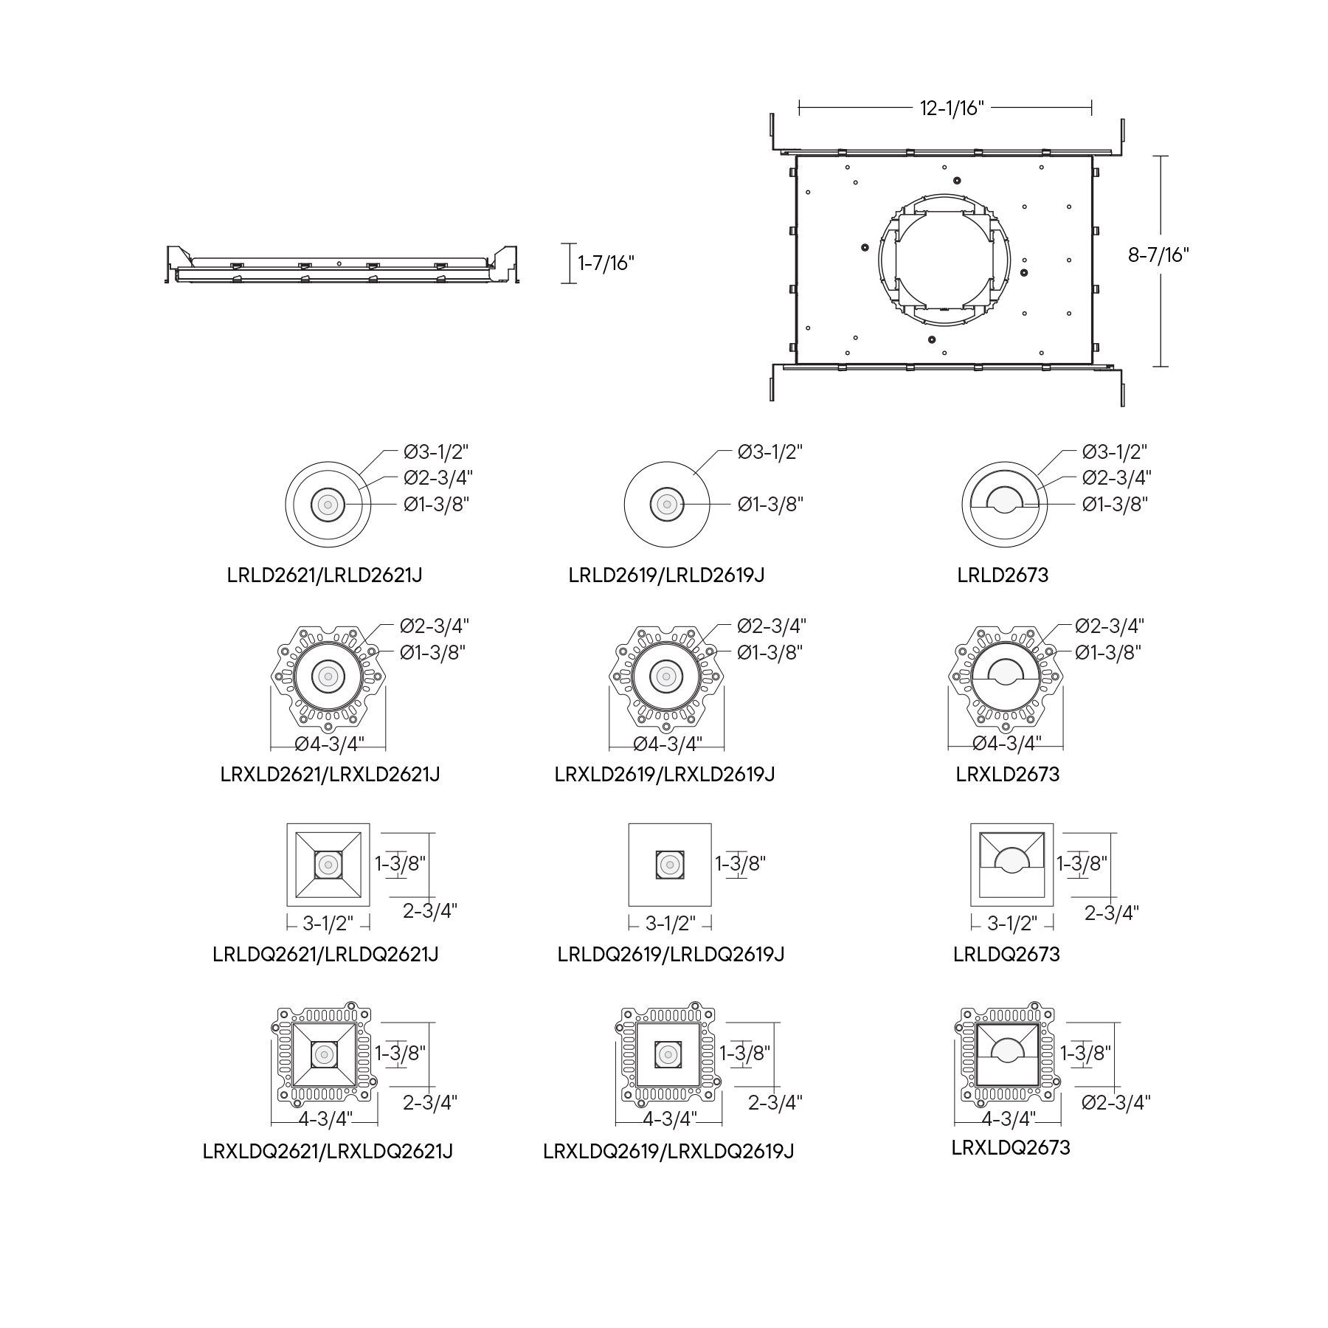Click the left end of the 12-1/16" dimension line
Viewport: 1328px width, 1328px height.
799,108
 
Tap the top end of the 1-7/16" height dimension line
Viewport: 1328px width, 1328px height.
569,243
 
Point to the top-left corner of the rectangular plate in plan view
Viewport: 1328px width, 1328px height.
796,156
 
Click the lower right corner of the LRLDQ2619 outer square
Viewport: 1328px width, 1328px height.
711,906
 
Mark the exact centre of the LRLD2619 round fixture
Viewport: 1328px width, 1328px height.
667,505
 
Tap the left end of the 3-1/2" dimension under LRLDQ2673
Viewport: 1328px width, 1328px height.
971,922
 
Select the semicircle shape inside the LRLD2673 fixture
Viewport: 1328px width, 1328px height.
1004,499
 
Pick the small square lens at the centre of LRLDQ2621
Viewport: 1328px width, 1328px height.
328,864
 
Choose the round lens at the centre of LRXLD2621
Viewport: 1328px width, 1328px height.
328,675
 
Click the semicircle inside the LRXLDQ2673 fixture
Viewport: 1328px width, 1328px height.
1009,1050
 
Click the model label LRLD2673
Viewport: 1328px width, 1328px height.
1003,575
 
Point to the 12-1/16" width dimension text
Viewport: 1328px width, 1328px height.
952,108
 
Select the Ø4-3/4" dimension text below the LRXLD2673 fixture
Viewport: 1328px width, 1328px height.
1006,743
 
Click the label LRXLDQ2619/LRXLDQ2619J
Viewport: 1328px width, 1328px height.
668,1151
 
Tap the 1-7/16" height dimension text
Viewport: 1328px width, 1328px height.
606,263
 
